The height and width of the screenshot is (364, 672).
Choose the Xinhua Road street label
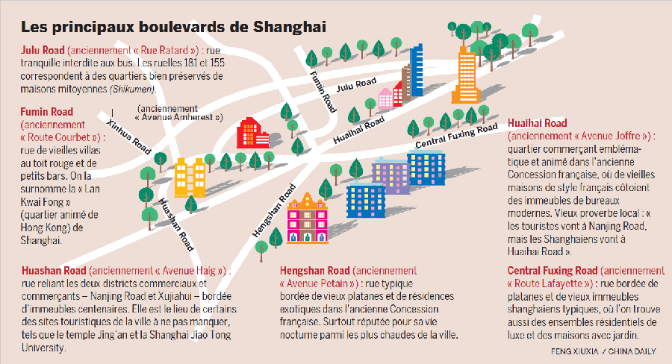(129, 135)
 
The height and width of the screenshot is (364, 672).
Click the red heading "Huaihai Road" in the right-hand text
(537, 123)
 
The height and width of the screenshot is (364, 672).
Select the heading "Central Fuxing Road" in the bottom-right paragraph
(552, 270)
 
